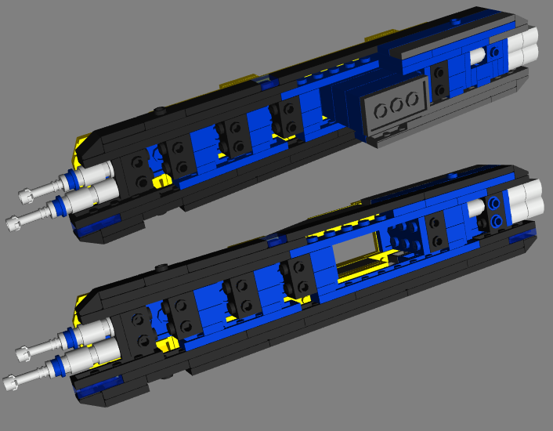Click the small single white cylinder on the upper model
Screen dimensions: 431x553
point(475,56)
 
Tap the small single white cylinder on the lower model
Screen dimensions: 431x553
point(475,208)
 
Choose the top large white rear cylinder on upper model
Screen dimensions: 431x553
point(526,36)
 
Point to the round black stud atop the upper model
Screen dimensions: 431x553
point(160,110)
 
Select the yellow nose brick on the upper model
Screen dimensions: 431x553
point(81,146)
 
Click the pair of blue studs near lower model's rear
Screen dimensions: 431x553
point(495,212)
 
